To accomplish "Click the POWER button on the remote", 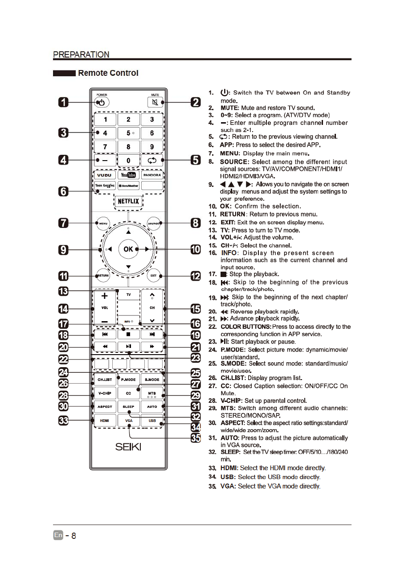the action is (x=102, y=103).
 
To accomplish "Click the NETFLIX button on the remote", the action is (x=128, y=201).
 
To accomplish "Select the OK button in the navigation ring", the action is (x=128, y=249).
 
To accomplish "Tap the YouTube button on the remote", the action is (x=128, y=175).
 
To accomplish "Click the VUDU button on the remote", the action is (x=104, y=175).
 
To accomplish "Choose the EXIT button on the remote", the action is (x=154, y=275).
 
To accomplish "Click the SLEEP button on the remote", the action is (x=128, y=407).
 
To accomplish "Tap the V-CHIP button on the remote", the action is (x=105, y=393).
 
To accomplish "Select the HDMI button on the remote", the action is (x=105, y=420).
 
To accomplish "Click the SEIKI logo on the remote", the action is (x=128, y=446).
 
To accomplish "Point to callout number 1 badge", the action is (x=64, y=103).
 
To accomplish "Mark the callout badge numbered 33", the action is (x=64, y=420).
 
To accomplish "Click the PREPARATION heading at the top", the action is (x=81, y=55).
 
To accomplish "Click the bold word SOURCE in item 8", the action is (x=234, y=161).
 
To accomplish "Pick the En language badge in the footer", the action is (x=58, y=535).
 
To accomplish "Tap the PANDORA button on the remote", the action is (x=152, y=175).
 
